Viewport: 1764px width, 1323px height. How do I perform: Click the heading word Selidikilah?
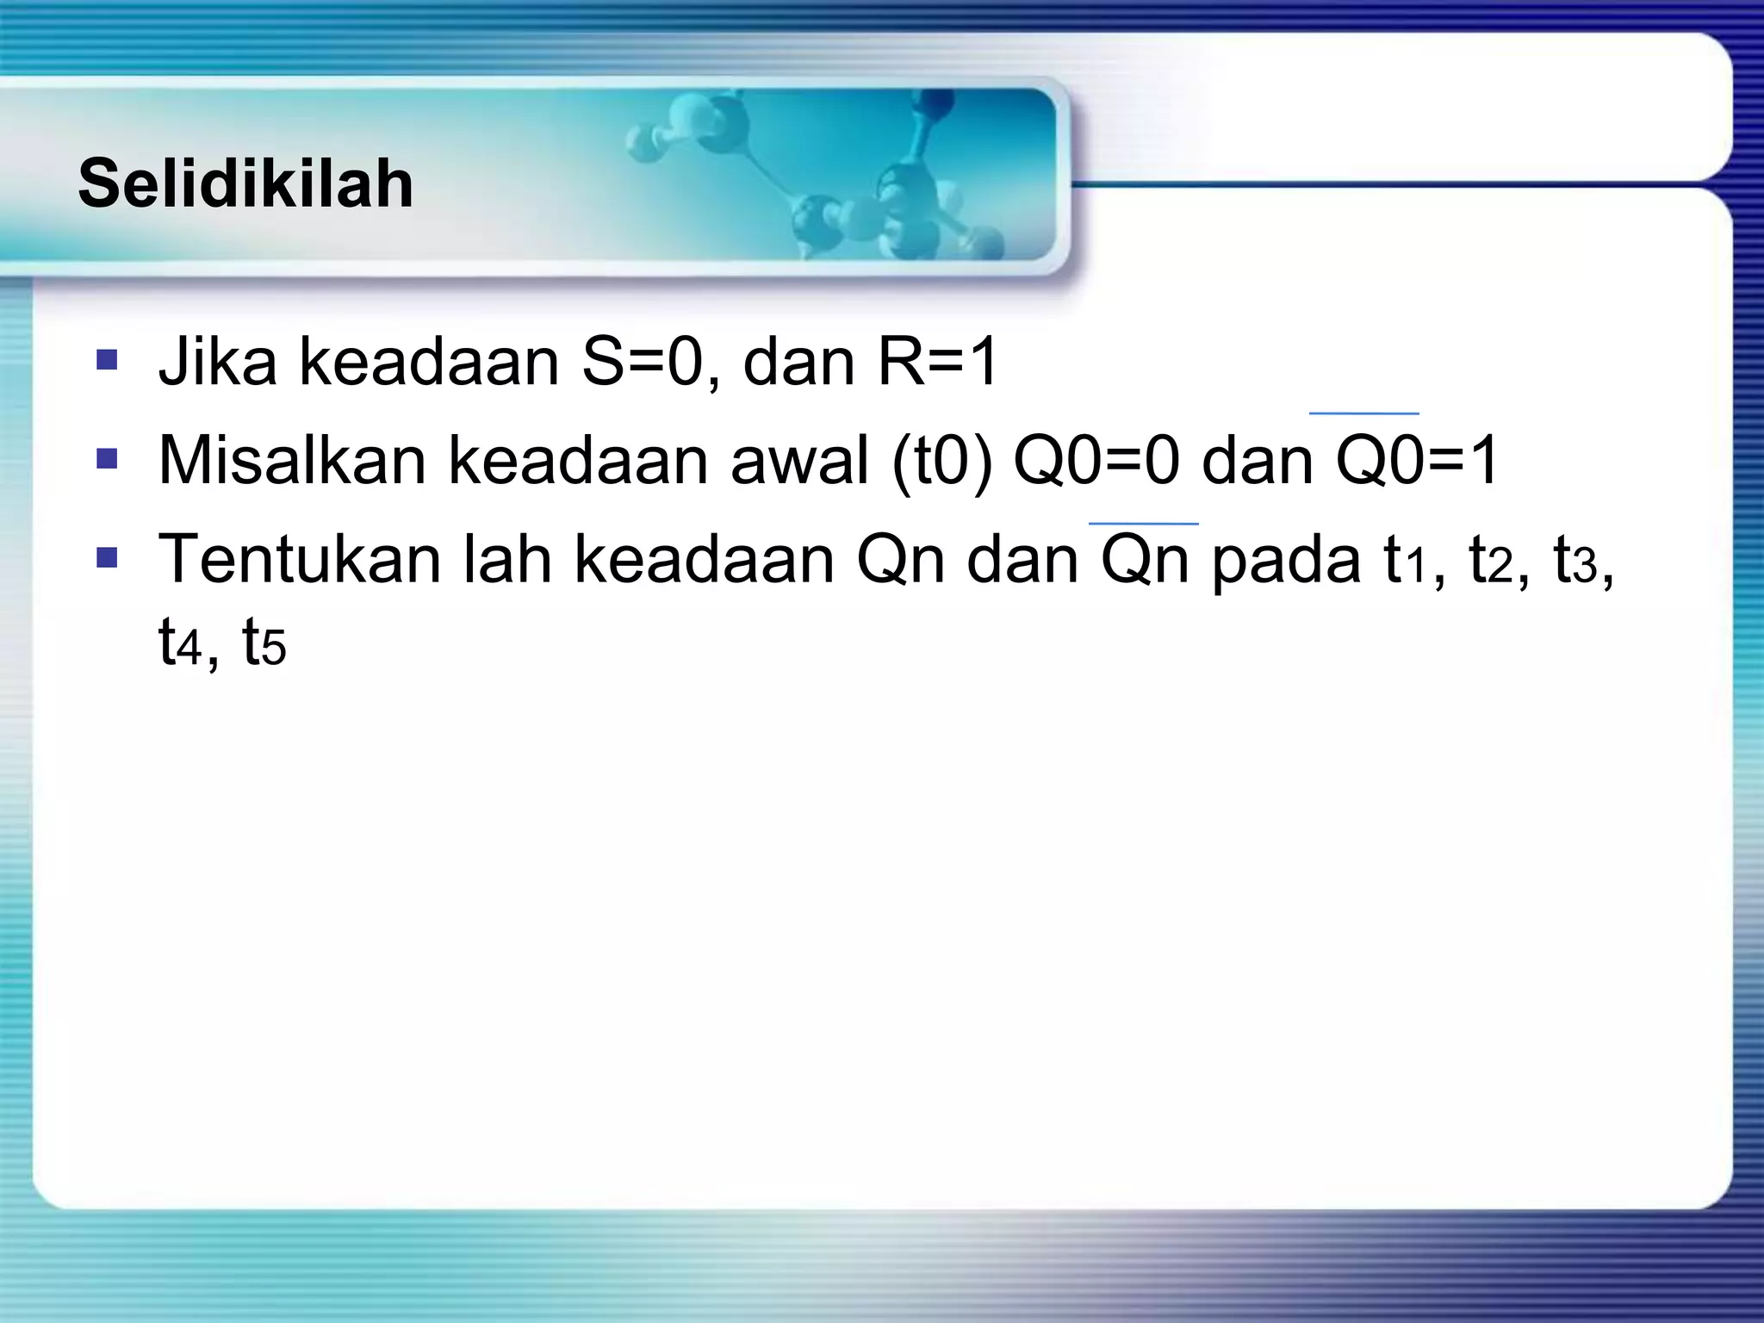pyautogui.click(x=245, y=183)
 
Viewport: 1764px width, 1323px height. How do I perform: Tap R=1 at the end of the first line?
pyautogui.click(x=938, y=362)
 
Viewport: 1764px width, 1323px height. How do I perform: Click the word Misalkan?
pyautogui.click(x=292, y=461)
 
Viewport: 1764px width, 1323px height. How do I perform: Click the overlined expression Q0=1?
pyautogui.click(x=1417, y=461)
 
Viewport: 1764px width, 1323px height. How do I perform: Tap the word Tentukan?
pyautogui.click(x=299, y=560)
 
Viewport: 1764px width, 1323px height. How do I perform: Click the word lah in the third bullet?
pyautogui.click(x=507, y=560)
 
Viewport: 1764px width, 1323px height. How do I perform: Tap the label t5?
pyautogui.click(x=264, y=643)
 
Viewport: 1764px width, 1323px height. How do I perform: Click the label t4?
pyautogui.click(x=179, y=643)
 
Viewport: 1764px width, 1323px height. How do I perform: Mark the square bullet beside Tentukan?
pyautogui.click(x=107, y=558)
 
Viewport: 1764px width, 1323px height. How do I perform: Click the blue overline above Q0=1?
pyautogui.click(x=1363, y=413)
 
